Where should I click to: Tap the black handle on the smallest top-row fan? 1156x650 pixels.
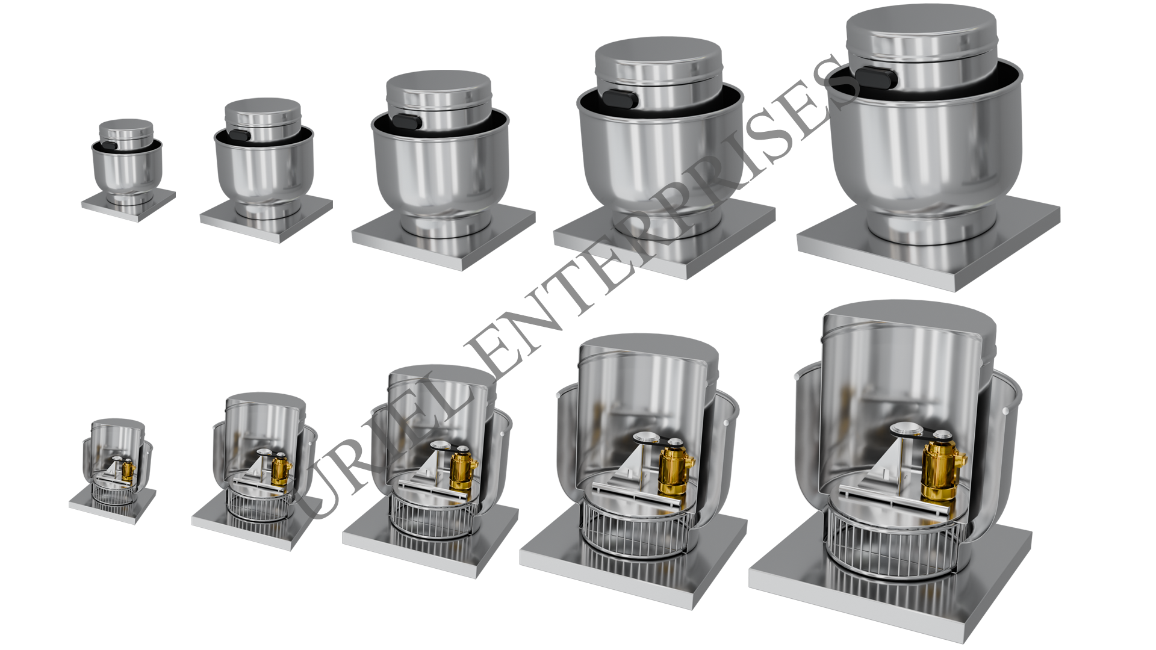pos(110,145)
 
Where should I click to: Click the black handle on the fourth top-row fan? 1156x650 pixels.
pos(620,99)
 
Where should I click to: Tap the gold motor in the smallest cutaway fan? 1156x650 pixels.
pos(128,471)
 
